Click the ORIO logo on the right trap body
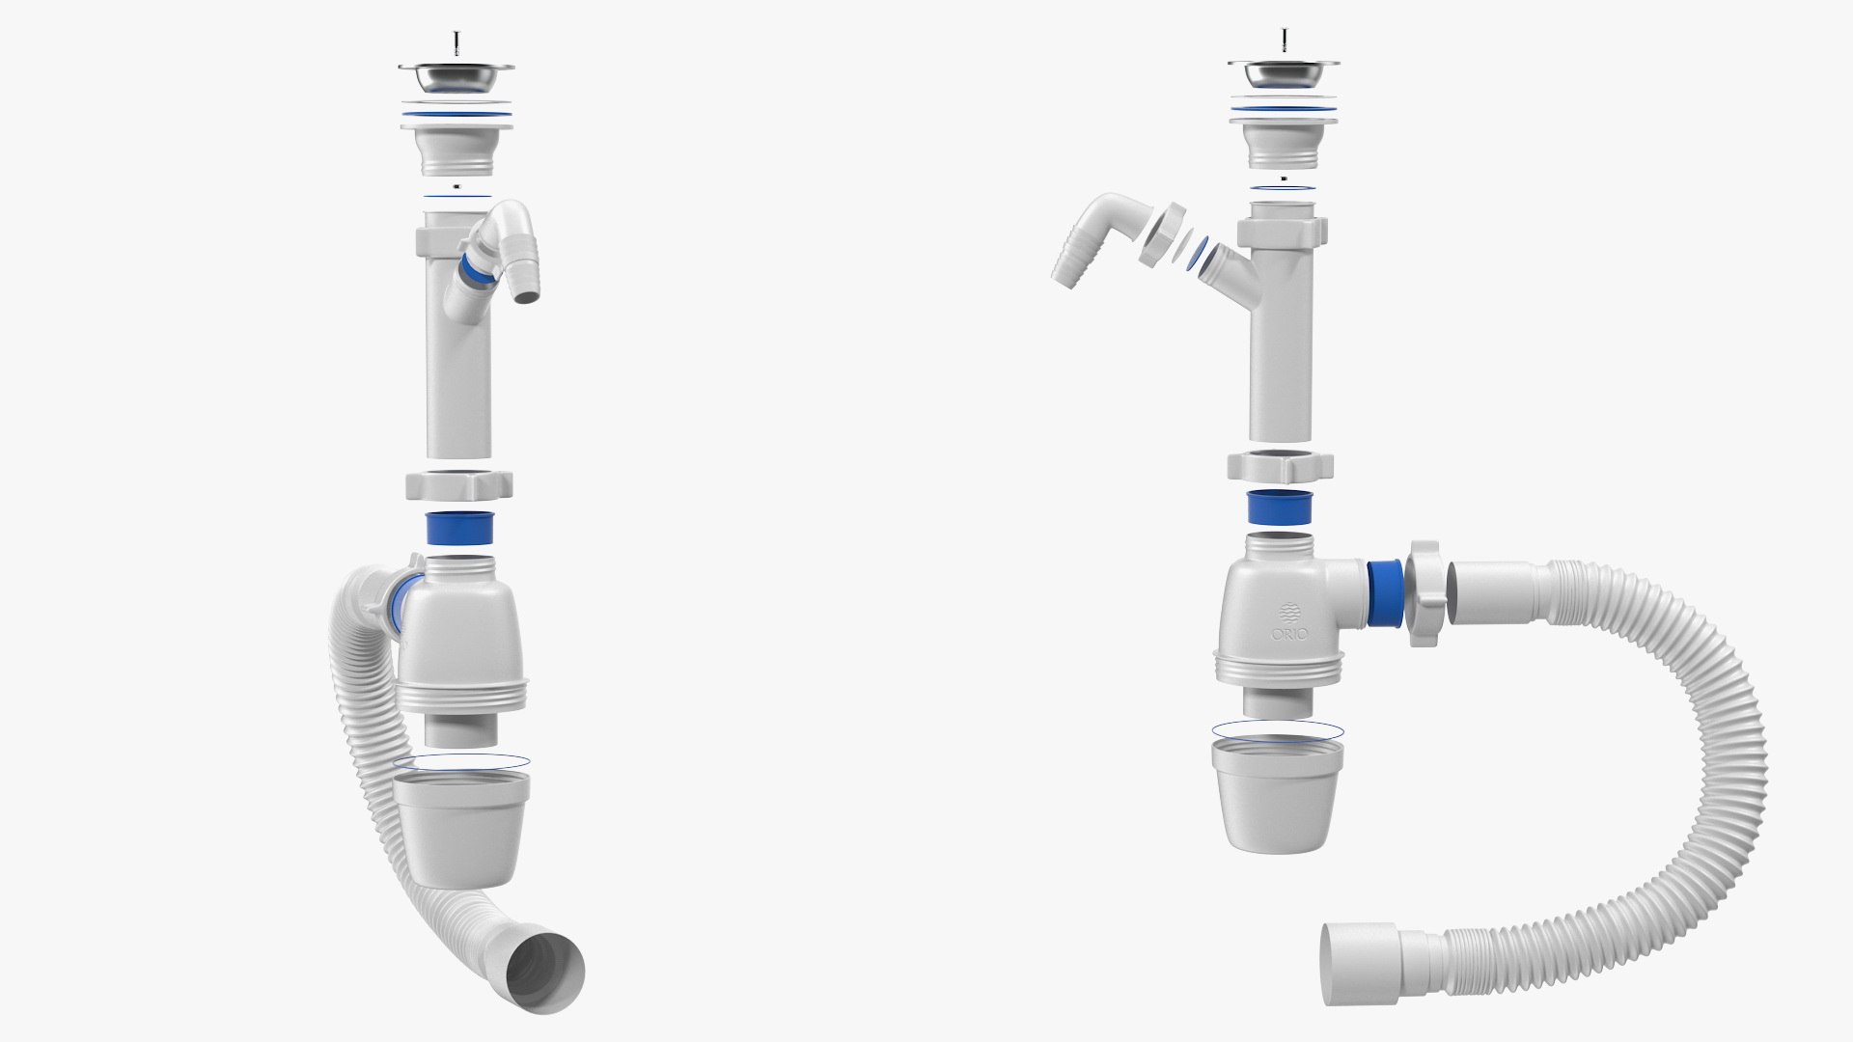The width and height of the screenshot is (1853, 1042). point(1289,623)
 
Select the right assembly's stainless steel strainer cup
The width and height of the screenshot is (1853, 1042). point(1285,73)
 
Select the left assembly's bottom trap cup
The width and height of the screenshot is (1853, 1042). point(461,831)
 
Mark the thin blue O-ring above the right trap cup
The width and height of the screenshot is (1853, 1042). point(1276,730)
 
